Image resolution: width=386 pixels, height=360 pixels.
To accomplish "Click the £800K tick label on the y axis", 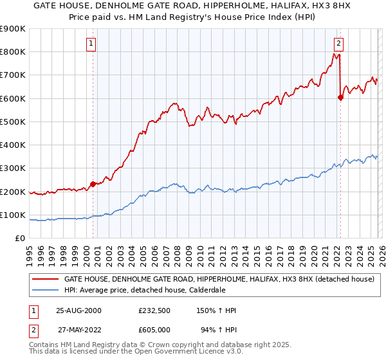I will coord(13,52).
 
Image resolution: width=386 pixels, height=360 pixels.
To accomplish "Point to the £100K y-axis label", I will coord(13,215).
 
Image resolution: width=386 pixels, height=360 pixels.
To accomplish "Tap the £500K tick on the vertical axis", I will coord(13,122).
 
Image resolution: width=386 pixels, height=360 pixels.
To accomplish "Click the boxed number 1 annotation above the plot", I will coord(91,44).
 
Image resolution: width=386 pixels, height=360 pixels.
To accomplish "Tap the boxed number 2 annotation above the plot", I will coord(338,44).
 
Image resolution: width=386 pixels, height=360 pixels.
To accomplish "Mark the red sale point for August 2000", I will coord(93,184).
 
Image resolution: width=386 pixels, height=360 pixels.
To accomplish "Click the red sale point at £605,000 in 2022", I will coord(340,98).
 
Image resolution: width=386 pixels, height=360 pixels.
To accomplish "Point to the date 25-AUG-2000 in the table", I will coord(78,310).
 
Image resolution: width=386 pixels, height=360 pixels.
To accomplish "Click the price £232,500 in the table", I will coord(154,310).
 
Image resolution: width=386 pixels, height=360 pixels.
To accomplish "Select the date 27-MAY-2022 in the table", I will coord(78,330).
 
